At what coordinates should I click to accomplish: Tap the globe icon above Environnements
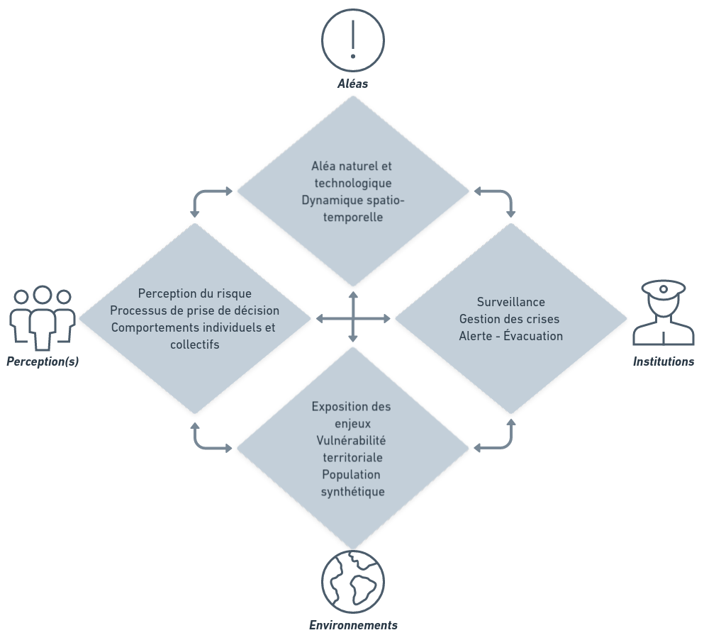[x=352, y=582]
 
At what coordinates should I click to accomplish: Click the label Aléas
[x=352, y=84]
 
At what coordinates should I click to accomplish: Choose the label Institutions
[x=663, y=361]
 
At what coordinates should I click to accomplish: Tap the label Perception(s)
[x=43, y=361]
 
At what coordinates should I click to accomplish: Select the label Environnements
[x=352, y=625]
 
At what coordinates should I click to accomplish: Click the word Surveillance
[x=510, y=303]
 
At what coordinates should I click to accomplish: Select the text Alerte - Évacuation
[x=510, y=336]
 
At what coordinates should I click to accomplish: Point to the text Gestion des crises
[x=510, y=319]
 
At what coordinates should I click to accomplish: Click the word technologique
[x=352, y=183]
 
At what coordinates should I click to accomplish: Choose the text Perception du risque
[x=194, y=293]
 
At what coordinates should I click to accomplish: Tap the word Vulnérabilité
[x=352, y=440]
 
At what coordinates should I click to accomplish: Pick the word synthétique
[x=352, y=491]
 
